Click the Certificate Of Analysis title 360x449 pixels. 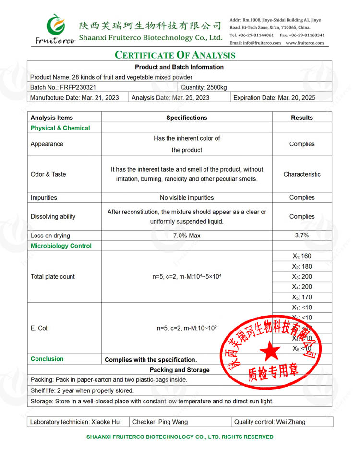point(175,55)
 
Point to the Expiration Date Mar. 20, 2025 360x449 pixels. point(274,98)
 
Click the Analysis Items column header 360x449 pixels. point(52,118)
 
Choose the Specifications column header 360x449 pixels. point(187,118)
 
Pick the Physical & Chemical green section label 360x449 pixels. point(60,128)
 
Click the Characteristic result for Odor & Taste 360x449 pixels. point(302,174)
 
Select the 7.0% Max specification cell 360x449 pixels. point(187,236)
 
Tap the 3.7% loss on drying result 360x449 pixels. point(302,236)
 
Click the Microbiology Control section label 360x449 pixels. point(61,246)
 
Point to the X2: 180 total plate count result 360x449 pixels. point(302,266)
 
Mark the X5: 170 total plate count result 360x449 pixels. point(302,297)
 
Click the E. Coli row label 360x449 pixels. point(39,328)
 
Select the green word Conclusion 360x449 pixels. point(47,359)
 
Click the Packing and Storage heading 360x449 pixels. point(180,370)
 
